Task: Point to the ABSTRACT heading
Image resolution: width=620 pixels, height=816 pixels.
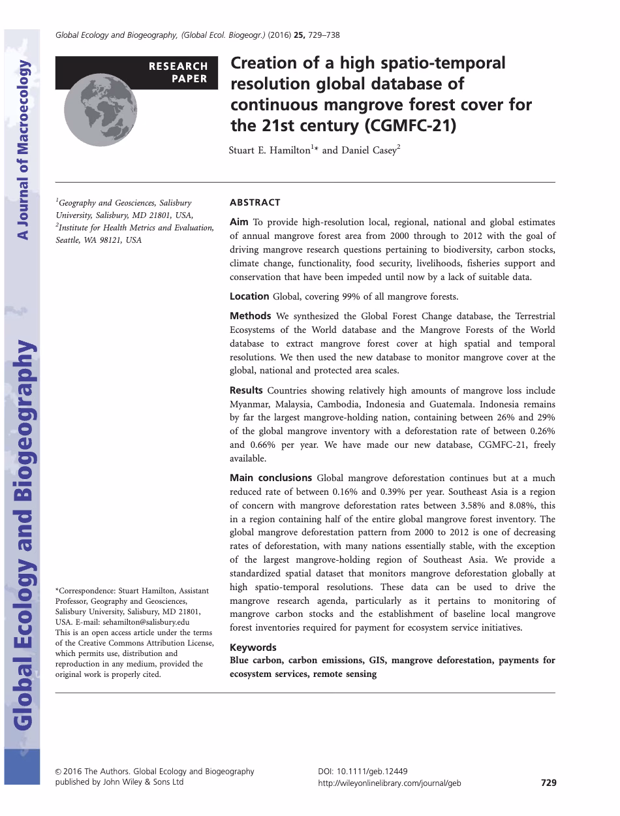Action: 255,202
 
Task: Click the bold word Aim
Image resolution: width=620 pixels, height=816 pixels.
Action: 239,222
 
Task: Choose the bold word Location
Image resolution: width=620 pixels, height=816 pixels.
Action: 249,296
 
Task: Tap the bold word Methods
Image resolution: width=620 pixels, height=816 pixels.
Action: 250,316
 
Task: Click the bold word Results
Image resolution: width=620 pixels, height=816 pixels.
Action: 246,390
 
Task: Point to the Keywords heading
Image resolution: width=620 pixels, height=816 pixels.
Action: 253,648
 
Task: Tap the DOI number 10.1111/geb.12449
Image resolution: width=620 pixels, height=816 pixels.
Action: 371,771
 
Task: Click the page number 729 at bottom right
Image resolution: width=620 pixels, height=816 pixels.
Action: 548,782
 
